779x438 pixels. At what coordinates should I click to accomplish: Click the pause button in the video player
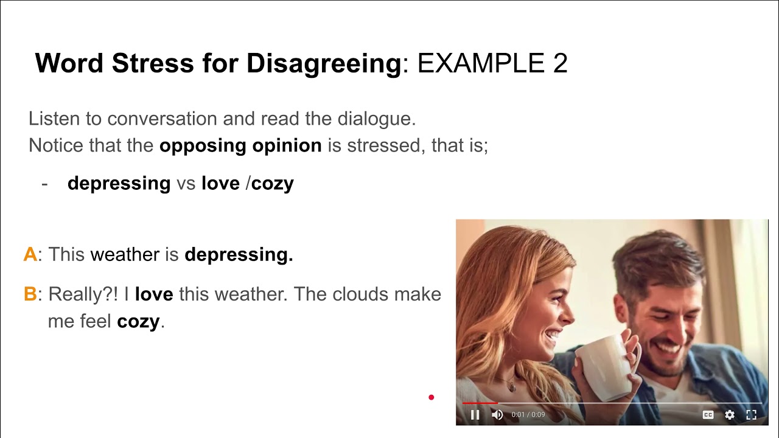(x=475, y=415)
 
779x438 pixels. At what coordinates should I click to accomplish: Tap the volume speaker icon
(x=497, y=415)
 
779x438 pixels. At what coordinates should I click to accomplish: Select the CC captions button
(x=708, y=415)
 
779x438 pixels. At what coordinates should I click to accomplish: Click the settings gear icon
(x=730, y=415)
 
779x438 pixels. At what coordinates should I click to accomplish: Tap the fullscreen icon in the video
(x=752, y=415)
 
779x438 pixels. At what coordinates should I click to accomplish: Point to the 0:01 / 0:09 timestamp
(x=528, y=415)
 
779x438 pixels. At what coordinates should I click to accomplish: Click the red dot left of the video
(x=431, y=398)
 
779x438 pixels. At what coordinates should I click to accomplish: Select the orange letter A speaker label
(x=30, y=254)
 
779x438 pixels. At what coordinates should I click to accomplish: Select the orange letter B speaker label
(x=30, y=294)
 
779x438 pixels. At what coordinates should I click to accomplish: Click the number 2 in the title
(x=560, y=63)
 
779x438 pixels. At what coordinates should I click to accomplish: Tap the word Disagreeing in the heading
(x=324, y=63)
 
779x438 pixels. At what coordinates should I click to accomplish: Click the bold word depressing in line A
(x=239, y=254)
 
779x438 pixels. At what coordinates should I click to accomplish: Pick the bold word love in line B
(x=154, y=294)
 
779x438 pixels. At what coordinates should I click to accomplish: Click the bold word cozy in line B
(x=138, y=321)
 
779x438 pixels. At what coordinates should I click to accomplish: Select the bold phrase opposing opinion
(x=240, y=146)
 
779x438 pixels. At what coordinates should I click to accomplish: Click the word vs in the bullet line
(x=186, y=183)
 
